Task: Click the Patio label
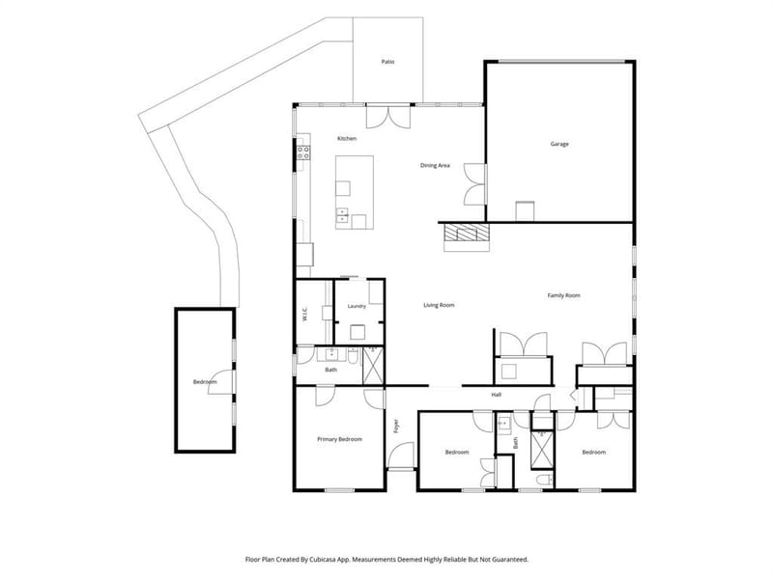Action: point(388,62)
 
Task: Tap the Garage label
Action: point(559,144)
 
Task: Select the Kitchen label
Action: point(347,139)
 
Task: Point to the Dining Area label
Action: point(435,165)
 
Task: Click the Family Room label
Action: point(564,295)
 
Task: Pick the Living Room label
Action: point(439,305)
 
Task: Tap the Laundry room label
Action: point(357,306)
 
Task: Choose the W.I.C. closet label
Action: point(304,315)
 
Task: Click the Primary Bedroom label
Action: point(340,439)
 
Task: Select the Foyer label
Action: point(396,426)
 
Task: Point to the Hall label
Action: point(497,395)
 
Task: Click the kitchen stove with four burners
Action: point(303,152)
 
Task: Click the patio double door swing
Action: point(388,118)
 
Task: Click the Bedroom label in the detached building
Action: point(205,382)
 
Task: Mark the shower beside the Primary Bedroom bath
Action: point(373,366)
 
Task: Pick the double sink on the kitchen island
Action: point(342,215)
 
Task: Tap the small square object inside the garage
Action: point(525,211)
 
